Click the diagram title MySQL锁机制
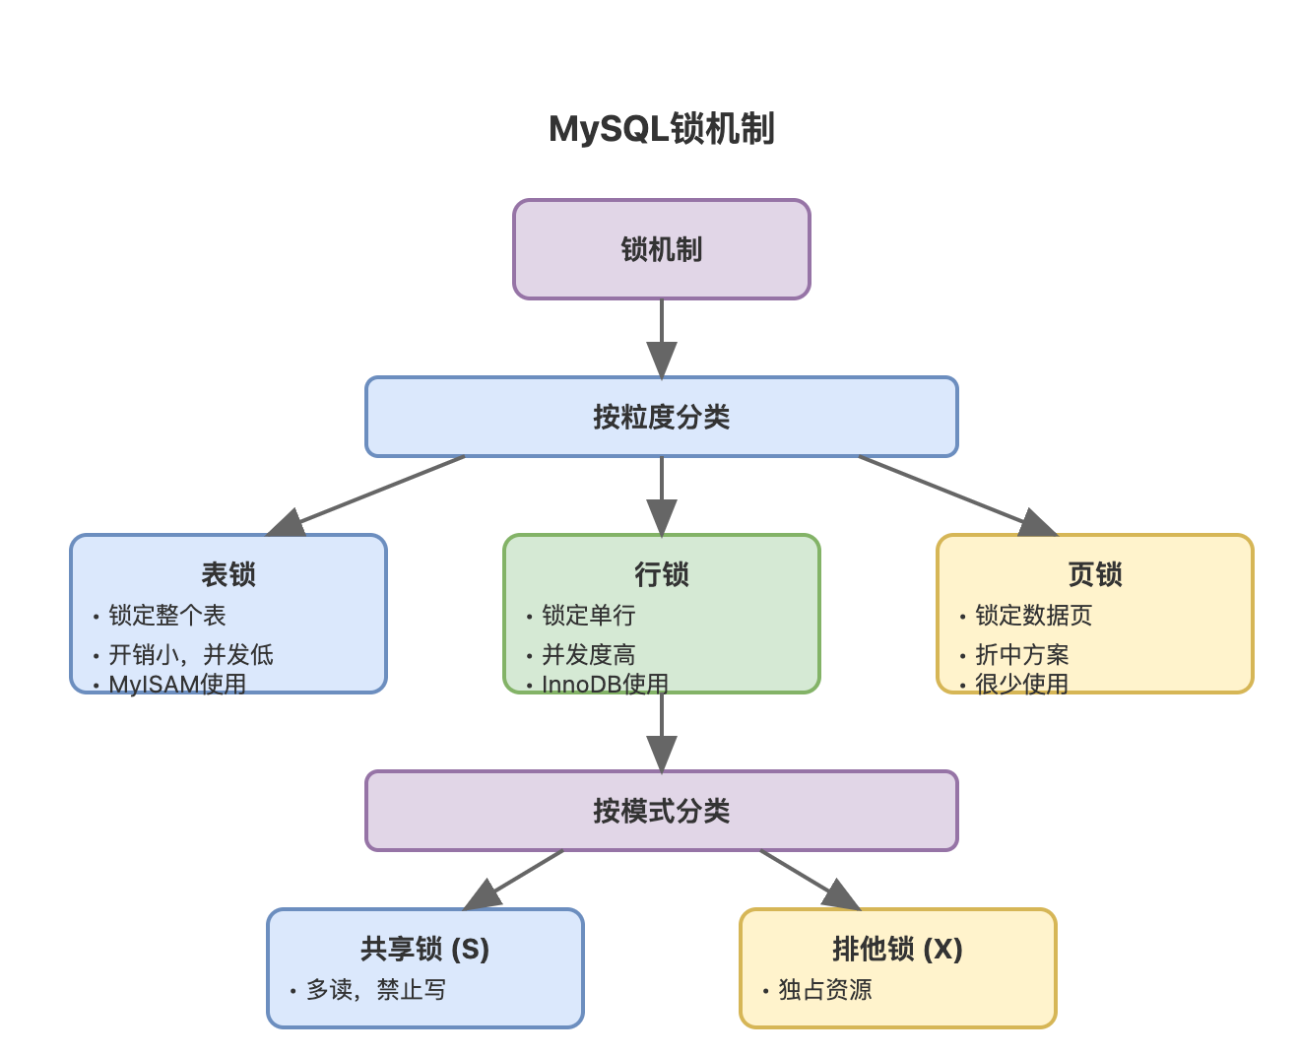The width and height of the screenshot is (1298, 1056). (661, 129)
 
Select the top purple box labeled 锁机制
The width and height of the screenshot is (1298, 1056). (661, 249)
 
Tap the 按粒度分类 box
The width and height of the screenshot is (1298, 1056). (661, 417)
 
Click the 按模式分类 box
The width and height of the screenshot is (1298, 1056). (661, 811)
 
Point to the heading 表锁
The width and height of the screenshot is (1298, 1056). (228, 574)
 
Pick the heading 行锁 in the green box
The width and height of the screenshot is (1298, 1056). (661, 574)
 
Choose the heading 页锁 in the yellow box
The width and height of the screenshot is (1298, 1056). (1095, 574)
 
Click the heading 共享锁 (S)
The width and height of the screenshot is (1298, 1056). (424, 949)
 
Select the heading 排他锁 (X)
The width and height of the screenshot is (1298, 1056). (897, 949)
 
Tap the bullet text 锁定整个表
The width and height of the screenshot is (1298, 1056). (167, 616)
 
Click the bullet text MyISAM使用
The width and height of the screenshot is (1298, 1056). (177, 684)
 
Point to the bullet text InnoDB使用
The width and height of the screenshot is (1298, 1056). (605, 684)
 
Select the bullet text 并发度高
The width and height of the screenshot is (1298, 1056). (588, 655)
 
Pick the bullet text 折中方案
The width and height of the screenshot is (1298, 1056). (1021, 655)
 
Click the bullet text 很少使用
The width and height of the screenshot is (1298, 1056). (1021, 684)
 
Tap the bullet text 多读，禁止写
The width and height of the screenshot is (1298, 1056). (376, 990)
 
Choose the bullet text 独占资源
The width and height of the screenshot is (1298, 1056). (825, 990)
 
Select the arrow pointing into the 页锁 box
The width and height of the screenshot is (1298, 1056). (955, 495)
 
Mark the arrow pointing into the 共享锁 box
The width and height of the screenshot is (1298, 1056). (512, 881)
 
